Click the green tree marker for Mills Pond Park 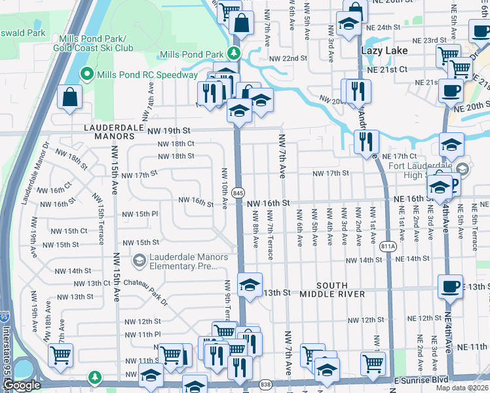click(x=234, y=54)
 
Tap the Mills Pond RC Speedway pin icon click(x=86, y=75)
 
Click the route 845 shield click(x=238, y=193)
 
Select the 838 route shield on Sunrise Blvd click(x=265, y=384)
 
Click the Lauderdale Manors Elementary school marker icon click(x=138, y=261)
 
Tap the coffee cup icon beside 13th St click(x=451, y=286)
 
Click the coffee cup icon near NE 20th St click(x=451, y=90)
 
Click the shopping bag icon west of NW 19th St click(x=69, y=98)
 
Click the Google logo click(x=22, y=385)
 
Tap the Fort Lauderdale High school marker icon click(x=462, y=169)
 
